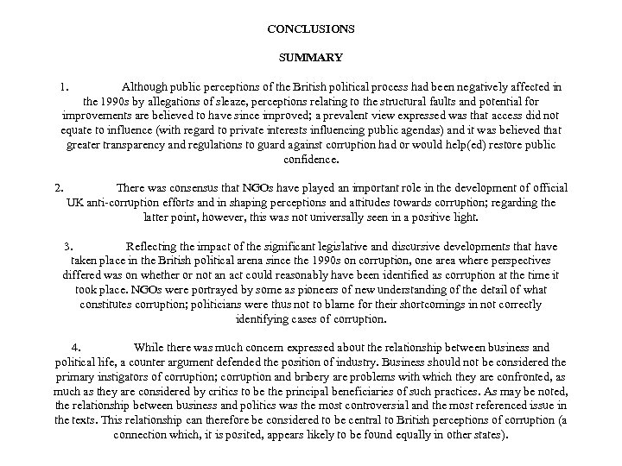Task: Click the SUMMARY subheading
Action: click(310, 58)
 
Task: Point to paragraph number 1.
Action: click(64, 87)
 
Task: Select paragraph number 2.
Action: click(58, 187)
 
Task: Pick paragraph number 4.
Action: click(77, 348)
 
